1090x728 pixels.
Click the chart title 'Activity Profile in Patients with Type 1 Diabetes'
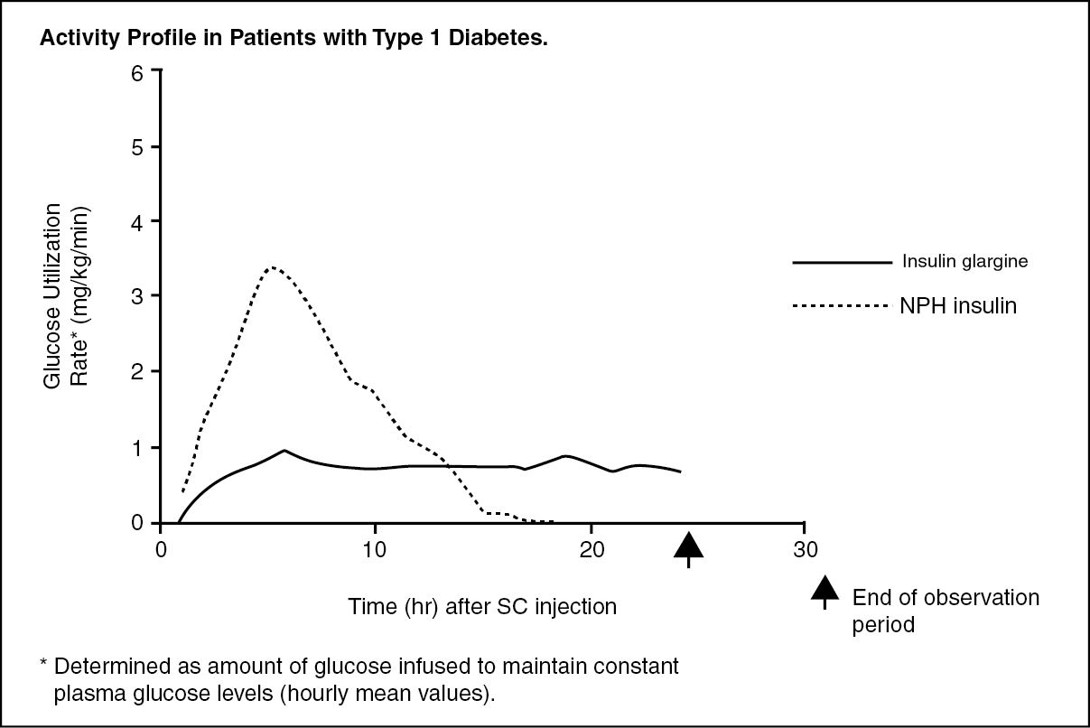(x=293, y=42)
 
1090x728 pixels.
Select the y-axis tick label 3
(x=137, y=295)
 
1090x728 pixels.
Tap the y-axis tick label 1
(x=137, y=447)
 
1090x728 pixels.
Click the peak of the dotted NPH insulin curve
(x=272, y=267)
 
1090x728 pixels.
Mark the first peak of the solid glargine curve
(x=284, y=450)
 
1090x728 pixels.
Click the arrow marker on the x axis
(x=689, y=546)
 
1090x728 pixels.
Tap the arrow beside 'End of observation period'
(x=824, y=592)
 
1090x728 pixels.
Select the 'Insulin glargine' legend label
(x=965, y=263)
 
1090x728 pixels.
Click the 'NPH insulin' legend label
(x=958, y=306)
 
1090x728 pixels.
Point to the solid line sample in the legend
(x=841, y=263)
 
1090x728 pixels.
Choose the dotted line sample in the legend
(x=841, y=306)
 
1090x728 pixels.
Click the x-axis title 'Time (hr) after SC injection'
(x=482, y=607)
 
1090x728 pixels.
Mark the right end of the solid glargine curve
(x=680, y=471)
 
